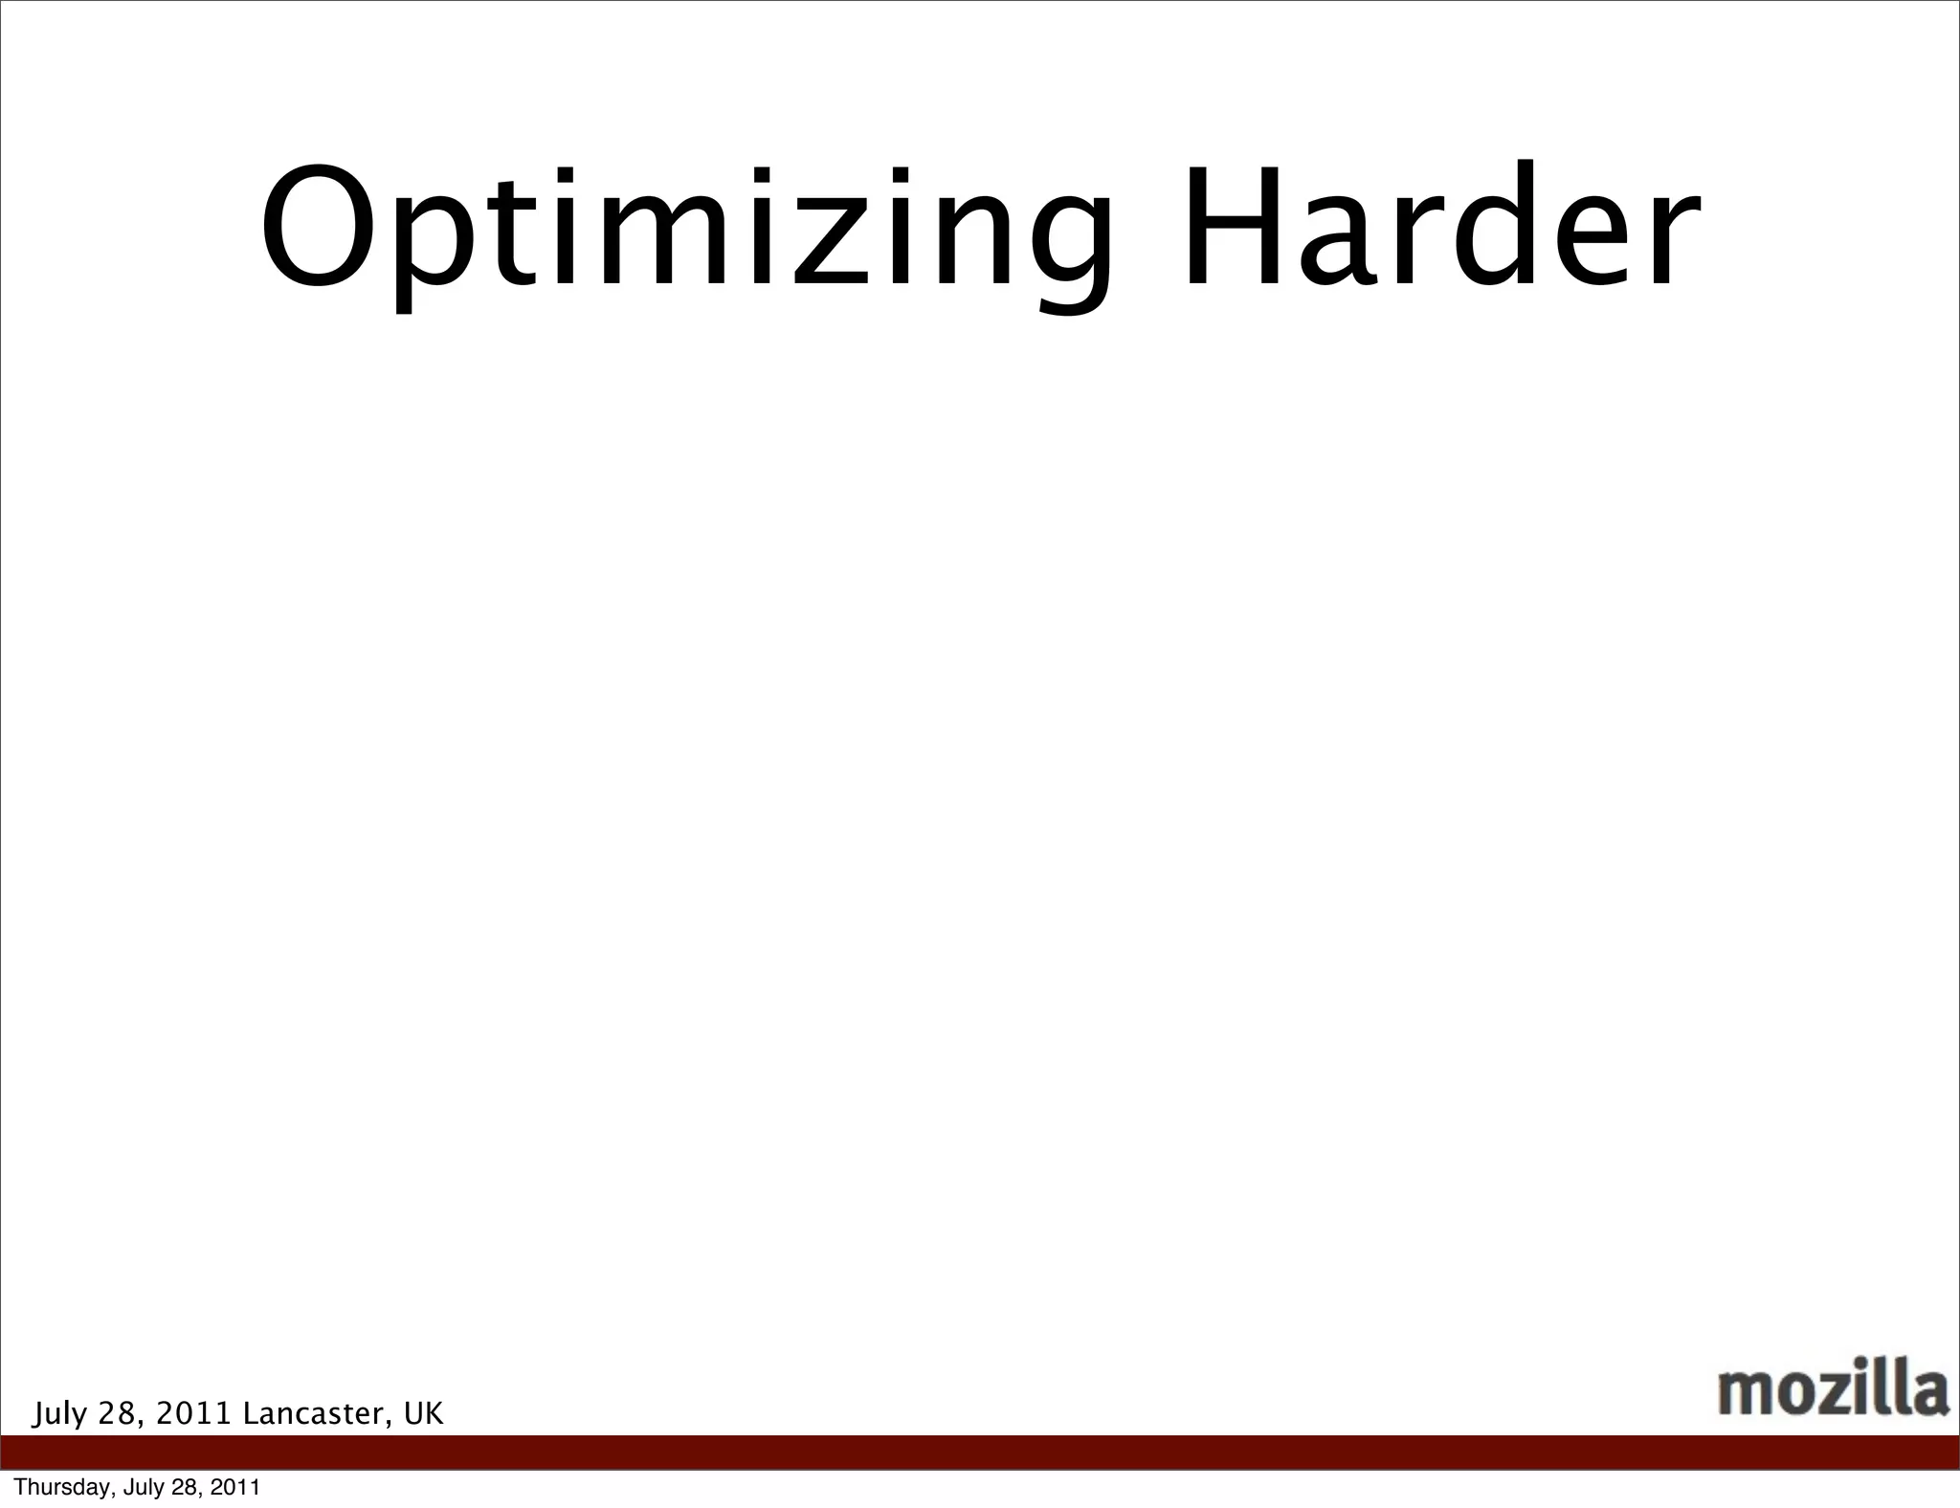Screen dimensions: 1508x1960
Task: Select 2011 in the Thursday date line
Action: pyautogui.click(x=235, y=1488)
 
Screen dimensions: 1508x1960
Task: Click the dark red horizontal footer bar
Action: pyautogui.click(x=980, y=1453)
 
